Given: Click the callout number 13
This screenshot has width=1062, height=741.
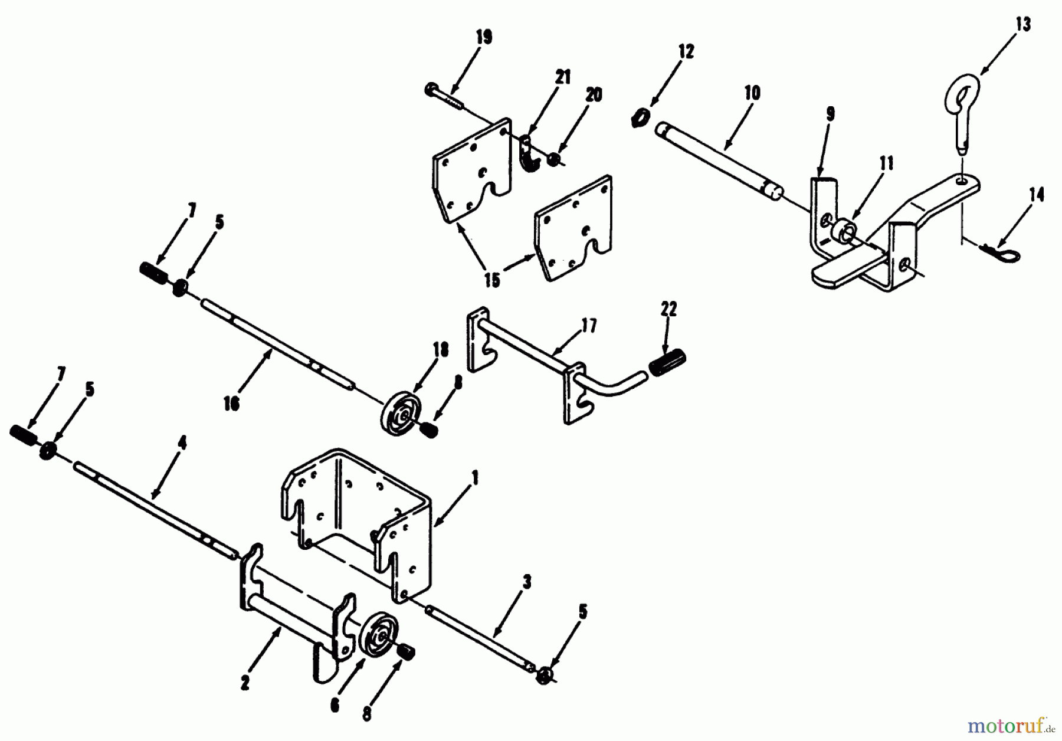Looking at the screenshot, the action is pyautogui.click(x=1023, y=25).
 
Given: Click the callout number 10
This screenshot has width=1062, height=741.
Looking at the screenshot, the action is pyautogui.click(x=752, y=93).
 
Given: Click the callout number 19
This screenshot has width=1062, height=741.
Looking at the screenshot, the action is pyautogui.click(x=483, y=38).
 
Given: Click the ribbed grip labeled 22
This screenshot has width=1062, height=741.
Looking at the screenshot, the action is pyautogui.click(x=667, y=359).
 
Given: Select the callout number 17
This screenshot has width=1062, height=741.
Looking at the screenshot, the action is pyautogui.click(x=588, y=326).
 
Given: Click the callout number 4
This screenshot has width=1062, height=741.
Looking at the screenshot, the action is pyautogui.click(x=182, y=444).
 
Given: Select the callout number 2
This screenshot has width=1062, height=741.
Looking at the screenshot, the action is pyautogui.click(x=245, y=683).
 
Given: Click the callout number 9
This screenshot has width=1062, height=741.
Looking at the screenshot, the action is pyautogui.click(x=830, y=114).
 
